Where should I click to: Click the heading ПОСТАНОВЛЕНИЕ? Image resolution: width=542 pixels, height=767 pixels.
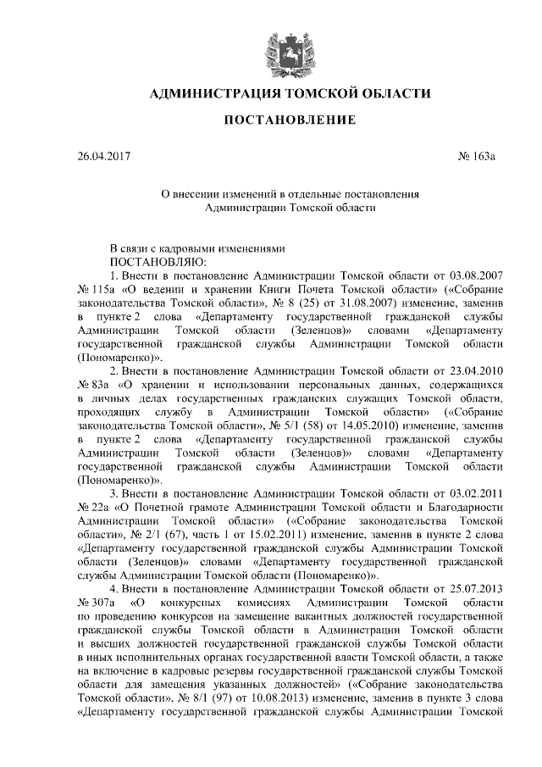pyautogui.click(x=289, y=119)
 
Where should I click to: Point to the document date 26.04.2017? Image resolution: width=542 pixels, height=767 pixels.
pyautogui.click(x=103, y=156)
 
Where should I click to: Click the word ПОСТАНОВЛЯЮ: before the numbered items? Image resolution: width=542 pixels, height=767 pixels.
pyautogui.click(x=152, y=262)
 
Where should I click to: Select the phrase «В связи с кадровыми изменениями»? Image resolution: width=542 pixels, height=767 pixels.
pyautogui.click(x=194, y=248)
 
